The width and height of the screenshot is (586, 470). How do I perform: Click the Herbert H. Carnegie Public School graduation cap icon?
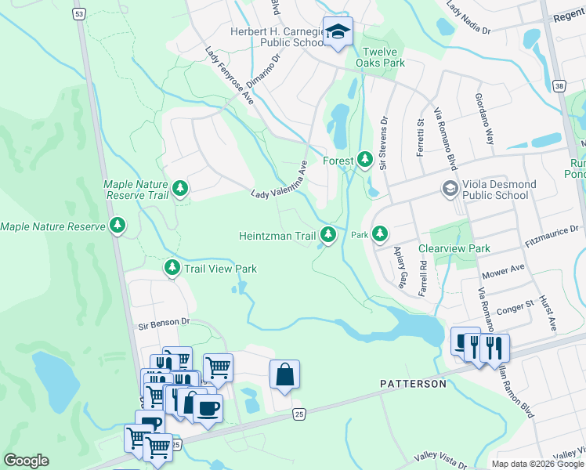click(x=338, y=31)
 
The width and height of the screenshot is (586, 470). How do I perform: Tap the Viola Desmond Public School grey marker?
click(x=450, y=189)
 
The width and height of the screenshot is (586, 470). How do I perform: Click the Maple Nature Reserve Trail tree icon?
click(x=180, y=188)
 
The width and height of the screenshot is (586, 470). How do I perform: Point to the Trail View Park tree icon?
click(x=172, y=268)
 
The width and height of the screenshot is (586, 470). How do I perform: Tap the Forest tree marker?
click(x=364, y=160)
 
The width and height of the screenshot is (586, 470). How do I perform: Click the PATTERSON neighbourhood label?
click(x=413, y=384)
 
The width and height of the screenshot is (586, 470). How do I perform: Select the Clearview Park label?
click(x=454, y=248)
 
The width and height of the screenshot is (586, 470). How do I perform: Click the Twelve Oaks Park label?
click(x=380, y=56)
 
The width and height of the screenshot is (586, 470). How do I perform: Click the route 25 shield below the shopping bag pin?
click(x=298, y=414)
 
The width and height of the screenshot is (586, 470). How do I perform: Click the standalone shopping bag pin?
click(x=284, y=374)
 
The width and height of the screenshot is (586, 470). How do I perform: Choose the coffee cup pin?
click(x=208, y=407)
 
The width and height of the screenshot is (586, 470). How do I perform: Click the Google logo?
click(x=26, y=461)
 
